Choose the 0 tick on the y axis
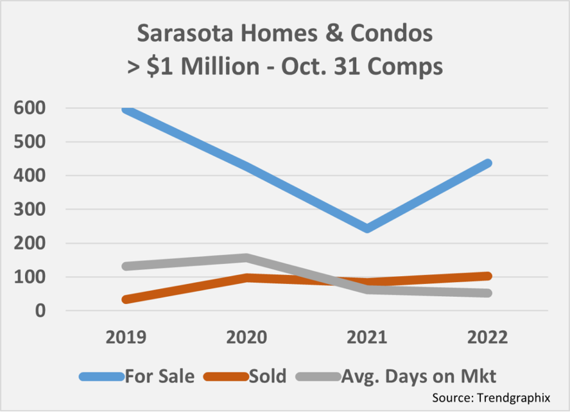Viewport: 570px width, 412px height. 40,311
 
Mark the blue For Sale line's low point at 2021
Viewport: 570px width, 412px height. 367,228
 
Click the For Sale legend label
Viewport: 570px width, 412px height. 160,376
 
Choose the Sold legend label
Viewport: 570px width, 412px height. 267,376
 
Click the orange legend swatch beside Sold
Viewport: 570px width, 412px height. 225,377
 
